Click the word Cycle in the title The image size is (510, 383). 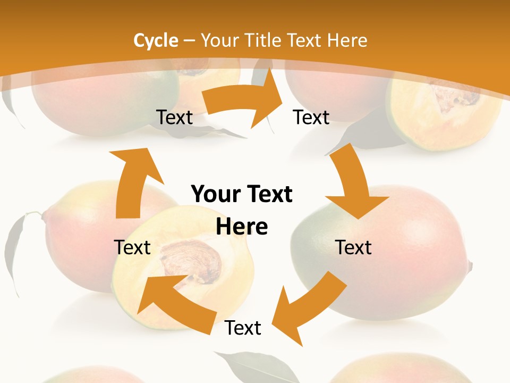coord(156,40)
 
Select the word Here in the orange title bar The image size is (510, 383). coord(347,40)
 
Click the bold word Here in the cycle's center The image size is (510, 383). coord(242,227)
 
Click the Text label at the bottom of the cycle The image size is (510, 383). coord(243,328)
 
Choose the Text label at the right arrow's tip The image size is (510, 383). coord(311,117)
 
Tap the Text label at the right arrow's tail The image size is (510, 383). coord(174,117)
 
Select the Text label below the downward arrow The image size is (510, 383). coord(353,247)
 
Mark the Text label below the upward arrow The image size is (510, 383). coord(132,247)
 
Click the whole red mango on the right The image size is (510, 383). coord(404,250)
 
